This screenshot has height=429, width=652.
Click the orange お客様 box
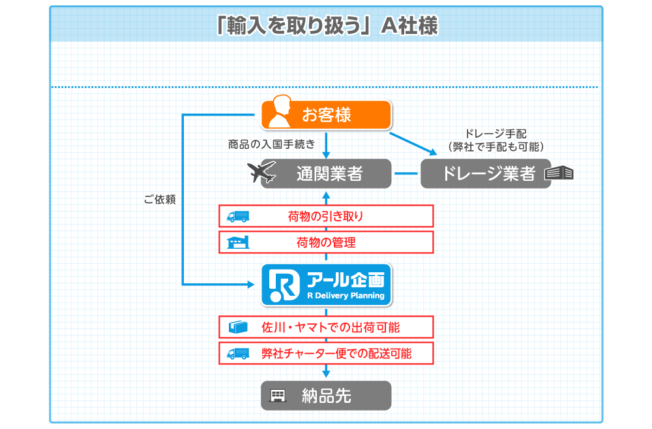pyautogui.click(x=327, y=114)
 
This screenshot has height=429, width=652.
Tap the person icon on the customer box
pyautogui.click(x=280, y=112)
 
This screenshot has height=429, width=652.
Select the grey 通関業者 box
pyautogui.click(x=327, y=174)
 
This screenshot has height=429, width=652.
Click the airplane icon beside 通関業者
pyautogui.click(x=261, y=172)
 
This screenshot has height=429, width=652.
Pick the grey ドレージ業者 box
pyautogui.click(x=486, y=174)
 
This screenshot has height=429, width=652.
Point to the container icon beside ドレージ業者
pyautogui.click(x=559, y=173)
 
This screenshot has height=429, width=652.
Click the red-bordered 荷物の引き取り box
pyautogui.click(x=327, y=216)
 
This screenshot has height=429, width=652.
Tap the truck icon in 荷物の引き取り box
pyautogui.click(x=238, y=217)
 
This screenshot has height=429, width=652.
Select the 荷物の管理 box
pyautogui.click(x=327, y=242)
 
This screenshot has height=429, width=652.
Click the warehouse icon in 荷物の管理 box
pyautogui.click(x=238, y=242)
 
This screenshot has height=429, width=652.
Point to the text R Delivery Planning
pyautogui.click(x=346, y=296)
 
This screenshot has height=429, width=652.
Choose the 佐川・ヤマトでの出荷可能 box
pyautogui.click(x=327, y=327)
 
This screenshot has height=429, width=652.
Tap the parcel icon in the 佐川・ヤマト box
pyautogui.click(x=238, y=327)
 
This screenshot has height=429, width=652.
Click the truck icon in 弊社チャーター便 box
pyautogui.click(x=238, y=354)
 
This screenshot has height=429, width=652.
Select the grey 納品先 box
pyautogui.click(x=327, y=396)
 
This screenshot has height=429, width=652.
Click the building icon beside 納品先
pyautogui.click(x=278, y=396)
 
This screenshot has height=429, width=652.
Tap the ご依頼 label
pyautogui.click(x=160, y=200)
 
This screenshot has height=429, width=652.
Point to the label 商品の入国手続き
pyautogui.click(x=271, y=144)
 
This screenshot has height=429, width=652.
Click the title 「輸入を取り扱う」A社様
pyautogui.click(x=327, y=25)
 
